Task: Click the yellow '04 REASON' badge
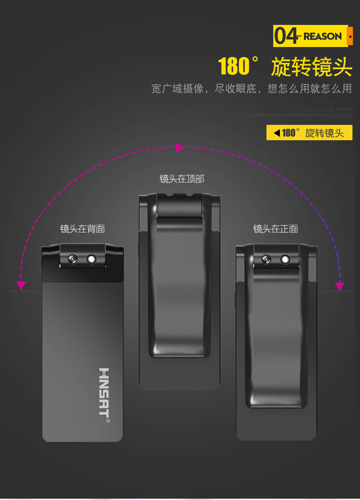(310, 36)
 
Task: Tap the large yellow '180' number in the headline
(234, 67)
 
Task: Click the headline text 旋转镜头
(312, 67)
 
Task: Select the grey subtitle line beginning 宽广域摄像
(252, 88)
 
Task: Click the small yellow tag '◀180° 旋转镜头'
(309, 133)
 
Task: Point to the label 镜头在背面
(82, 229)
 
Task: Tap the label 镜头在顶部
(182, 179)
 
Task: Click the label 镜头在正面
(276, 229)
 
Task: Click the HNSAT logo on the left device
(104, 395)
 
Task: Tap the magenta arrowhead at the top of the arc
(180, 147)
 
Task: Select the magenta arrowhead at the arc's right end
(339, 286)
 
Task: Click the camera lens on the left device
(72, 259)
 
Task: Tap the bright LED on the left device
(92, 259)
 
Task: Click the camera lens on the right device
(266, 260)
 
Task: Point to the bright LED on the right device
(285, 259)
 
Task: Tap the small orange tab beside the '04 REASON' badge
(350, 36)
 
